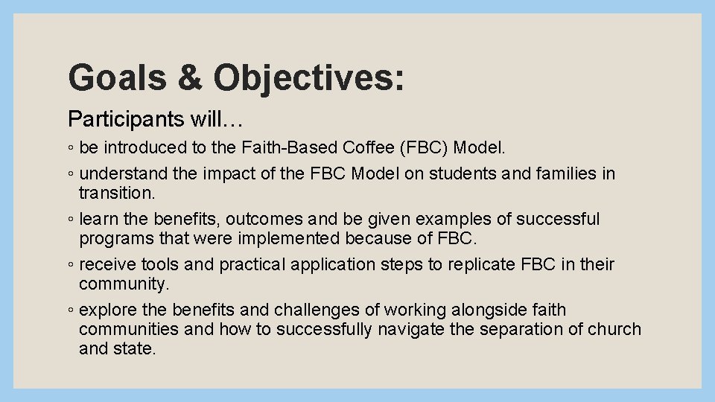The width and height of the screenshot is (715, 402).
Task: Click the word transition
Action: (115, 193)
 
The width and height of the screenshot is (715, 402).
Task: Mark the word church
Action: (612, 328)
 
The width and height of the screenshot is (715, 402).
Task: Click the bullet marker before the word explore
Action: (70, 310)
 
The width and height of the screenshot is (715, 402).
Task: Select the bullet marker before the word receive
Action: (70, 265)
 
